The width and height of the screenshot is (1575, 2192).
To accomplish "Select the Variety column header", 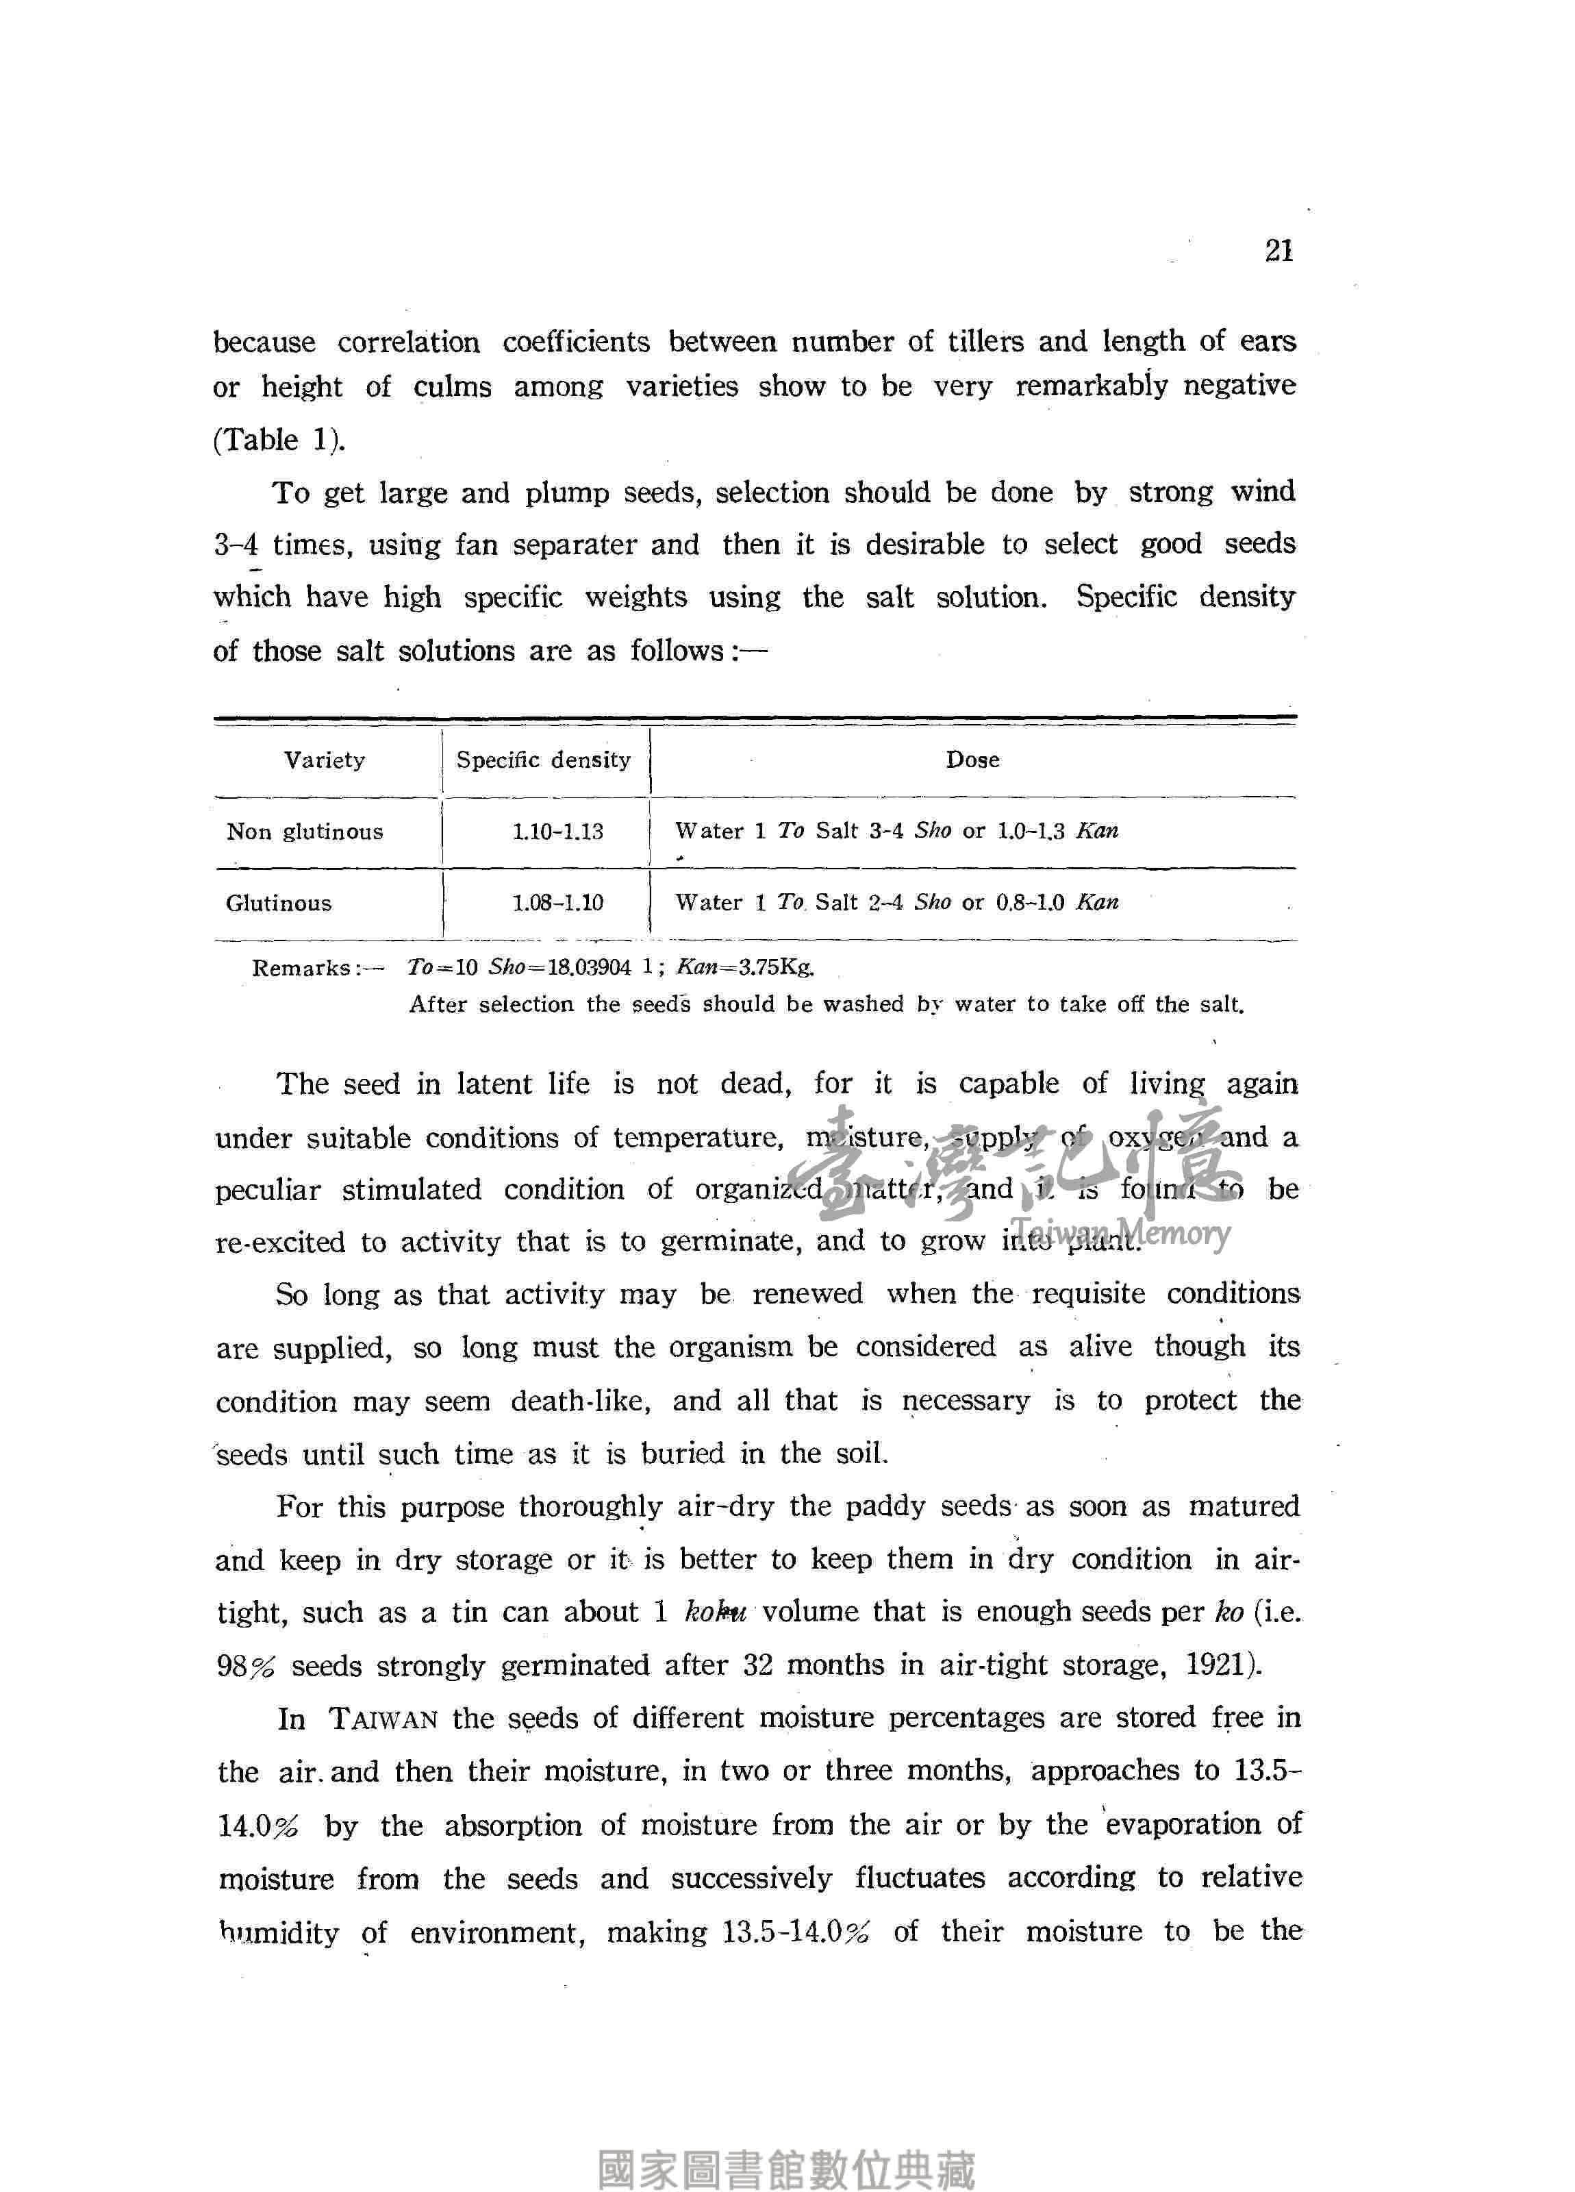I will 325,760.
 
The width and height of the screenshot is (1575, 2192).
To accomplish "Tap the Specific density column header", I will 543,760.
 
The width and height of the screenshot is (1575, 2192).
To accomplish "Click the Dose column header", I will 972,760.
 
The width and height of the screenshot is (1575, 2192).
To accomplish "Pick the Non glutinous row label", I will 304,832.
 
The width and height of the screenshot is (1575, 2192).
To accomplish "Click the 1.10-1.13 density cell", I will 557,832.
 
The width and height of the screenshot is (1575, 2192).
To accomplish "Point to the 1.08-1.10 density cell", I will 557,904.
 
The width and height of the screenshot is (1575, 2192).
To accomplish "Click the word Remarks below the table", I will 301,969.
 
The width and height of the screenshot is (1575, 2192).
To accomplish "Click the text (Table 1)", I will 278,440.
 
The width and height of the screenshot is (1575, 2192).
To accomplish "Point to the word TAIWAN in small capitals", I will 383,1719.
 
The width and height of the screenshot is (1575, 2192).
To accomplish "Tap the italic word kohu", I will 714,1612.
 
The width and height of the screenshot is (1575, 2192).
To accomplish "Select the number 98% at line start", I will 247,1666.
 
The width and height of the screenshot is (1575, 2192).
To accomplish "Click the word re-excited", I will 279,1243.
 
